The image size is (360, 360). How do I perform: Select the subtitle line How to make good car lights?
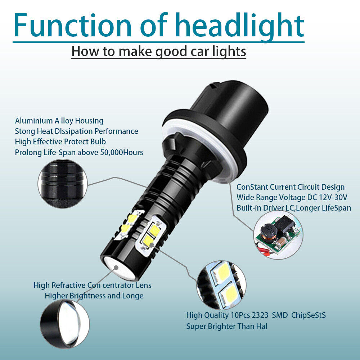159,51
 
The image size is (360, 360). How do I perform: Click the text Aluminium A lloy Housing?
59,121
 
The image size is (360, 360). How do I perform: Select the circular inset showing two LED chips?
220,284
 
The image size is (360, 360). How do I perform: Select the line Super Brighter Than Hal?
226,327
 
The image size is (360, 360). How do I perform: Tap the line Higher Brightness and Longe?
94,296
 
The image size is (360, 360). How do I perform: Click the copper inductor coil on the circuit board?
267,233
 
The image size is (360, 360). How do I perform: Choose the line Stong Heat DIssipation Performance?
76,131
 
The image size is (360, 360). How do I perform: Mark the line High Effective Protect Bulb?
60,141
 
